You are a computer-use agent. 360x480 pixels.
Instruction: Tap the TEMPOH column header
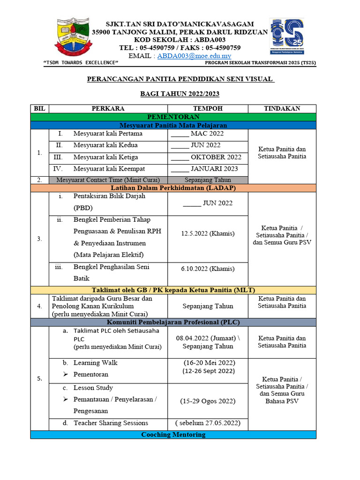pyautogui.click(x=208, y=108)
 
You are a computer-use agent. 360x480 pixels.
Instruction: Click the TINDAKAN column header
pyautogui.click(x=282, y=108)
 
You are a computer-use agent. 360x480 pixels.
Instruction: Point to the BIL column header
pyautogui.click(x=40, y=108)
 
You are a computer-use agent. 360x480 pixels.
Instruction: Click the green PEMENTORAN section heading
pyautogui.click(x=173, y=117)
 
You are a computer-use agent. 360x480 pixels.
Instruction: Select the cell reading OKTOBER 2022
pyautogui.click(x=207, y=157)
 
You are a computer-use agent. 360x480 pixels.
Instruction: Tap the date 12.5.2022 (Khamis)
pyautogui.click(x=208, y=233)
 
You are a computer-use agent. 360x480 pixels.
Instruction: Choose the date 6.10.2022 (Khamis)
pyautogui.click(x=208, y=269)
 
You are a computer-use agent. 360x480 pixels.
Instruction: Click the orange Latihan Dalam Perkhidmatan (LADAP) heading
pyautogui.click(x=173, y=188)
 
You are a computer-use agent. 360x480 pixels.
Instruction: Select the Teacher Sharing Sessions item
pyautogui.click(x=111, y=423)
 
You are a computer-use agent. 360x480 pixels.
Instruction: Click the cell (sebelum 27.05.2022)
pyautogui.click(x=208, y=423)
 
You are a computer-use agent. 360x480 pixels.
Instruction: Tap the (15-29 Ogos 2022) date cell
pyautogui.click(x=208, y=401)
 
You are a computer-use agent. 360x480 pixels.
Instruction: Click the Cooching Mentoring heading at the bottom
pyautogui.click(x=173, y=435)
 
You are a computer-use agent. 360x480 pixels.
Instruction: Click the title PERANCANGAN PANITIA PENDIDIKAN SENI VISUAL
pyautogui.click(x=180, y=79)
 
